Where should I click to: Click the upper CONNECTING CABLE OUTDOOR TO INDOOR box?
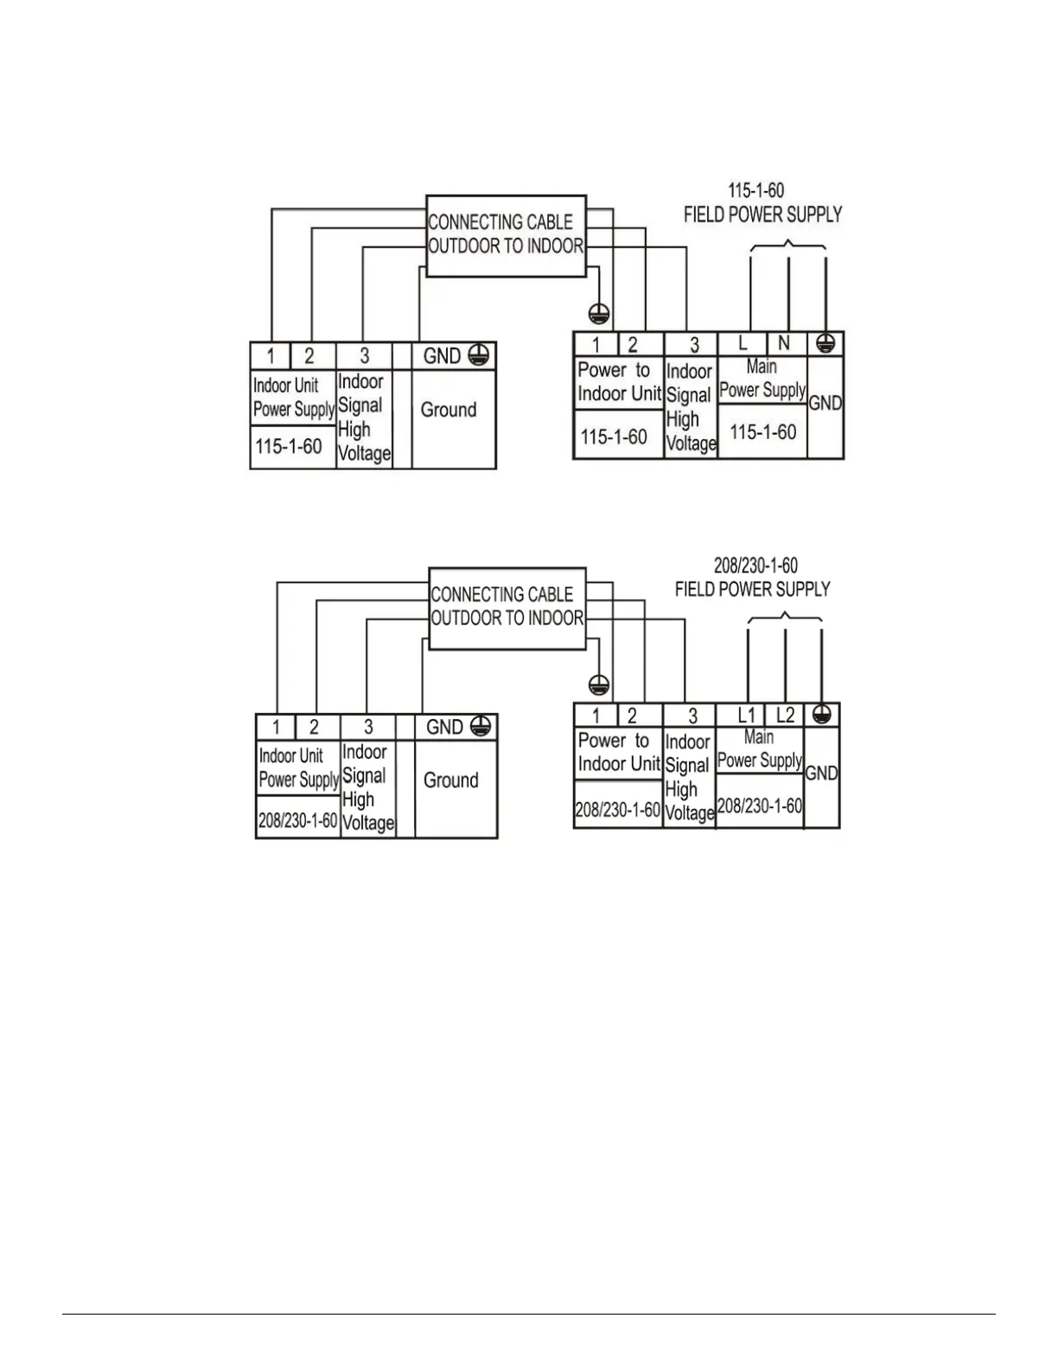pyautogui.click(x=507, y=235)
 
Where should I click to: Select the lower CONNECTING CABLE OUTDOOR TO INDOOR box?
pyautogui.click(x=507, y=608)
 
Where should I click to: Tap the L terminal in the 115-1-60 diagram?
pyautogui.click(x=743, y=344)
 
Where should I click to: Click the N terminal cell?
pyautogui.click(x=784, y=344)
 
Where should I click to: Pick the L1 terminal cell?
pyautogui.click(x=746, y=716)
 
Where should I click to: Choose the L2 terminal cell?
pyautogui.click(x=785, y=716)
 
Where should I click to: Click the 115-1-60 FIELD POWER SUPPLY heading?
pyautogui.click(x=762, y=203)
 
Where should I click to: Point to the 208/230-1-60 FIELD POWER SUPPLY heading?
pyautogui.click(x=753, y=577)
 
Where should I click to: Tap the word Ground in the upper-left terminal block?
pyautogui.click(x=449, y=410)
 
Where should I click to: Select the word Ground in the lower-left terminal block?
pyautogui.click(x=450, y=780)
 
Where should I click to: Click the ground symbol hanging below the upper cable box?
pyautogui.click(x=598, y=313)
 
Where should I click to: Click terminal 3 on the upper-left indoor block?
pyautogui.click(x=365, y=356)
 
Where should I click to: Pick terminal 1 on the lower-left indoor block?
pyautogui.click(x=277, y=728)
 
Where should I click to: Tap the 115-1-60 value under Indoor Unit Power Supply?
pyautogui.click(x=289, y=447)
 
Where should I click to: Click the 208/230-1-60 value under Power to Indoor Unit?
pyautogui.click(x=618, y=811)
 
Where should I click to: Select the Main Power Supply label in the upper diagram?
pyautogui.click(x=762, y=379)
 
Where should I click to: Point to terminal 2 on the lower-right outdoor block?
pyautogui.click(x=632, y=716)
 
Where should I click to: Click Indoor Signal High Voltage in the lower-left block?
pyautogui.click(x=367, y=787)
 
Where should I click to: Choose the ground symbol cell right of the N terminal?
pyautogui.click(x=825, y=344)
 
